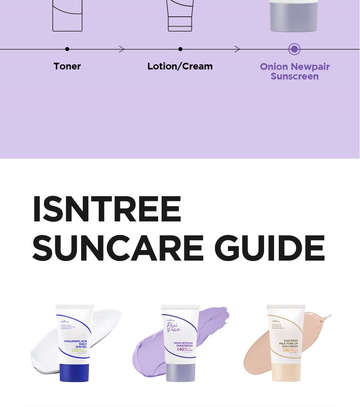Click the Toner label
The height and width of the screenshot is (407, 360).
pyautogui.click(x=67, y=67)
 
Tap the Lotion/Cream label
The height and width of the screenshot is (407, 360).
pyautogui.click(x=180, y=67)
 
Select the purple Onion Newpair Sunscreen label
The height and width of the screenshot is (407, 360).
pyautogui.click(x=295, y=72)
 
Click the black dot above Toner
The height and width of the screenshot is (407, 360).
pyautogui.click(x=67, y=49)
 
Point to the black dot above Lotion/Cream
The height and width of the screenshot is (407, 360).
pyautogui.click(x=180, y=49)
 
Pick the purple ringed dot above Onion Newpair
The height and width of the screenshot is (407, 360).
pyautogui.click(x=294, y=49)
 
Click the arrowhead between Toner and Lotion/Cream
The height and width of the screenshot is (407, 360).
pyautogui.click(x=122, y=49)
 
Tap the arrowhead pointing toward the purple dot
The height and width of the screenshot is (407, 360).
pyautogui.click(x=237, y=49)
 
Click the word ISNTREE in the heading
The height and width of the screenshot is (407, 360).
pyautogui.click(x=107, y=209)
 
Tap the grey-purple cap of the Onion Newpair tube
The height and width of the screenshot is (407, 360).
pyautogui.click(x=180, y=372)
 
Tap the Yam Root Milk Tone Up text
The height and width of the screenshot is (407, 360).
pyautogui.click(x=288, y=343)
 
